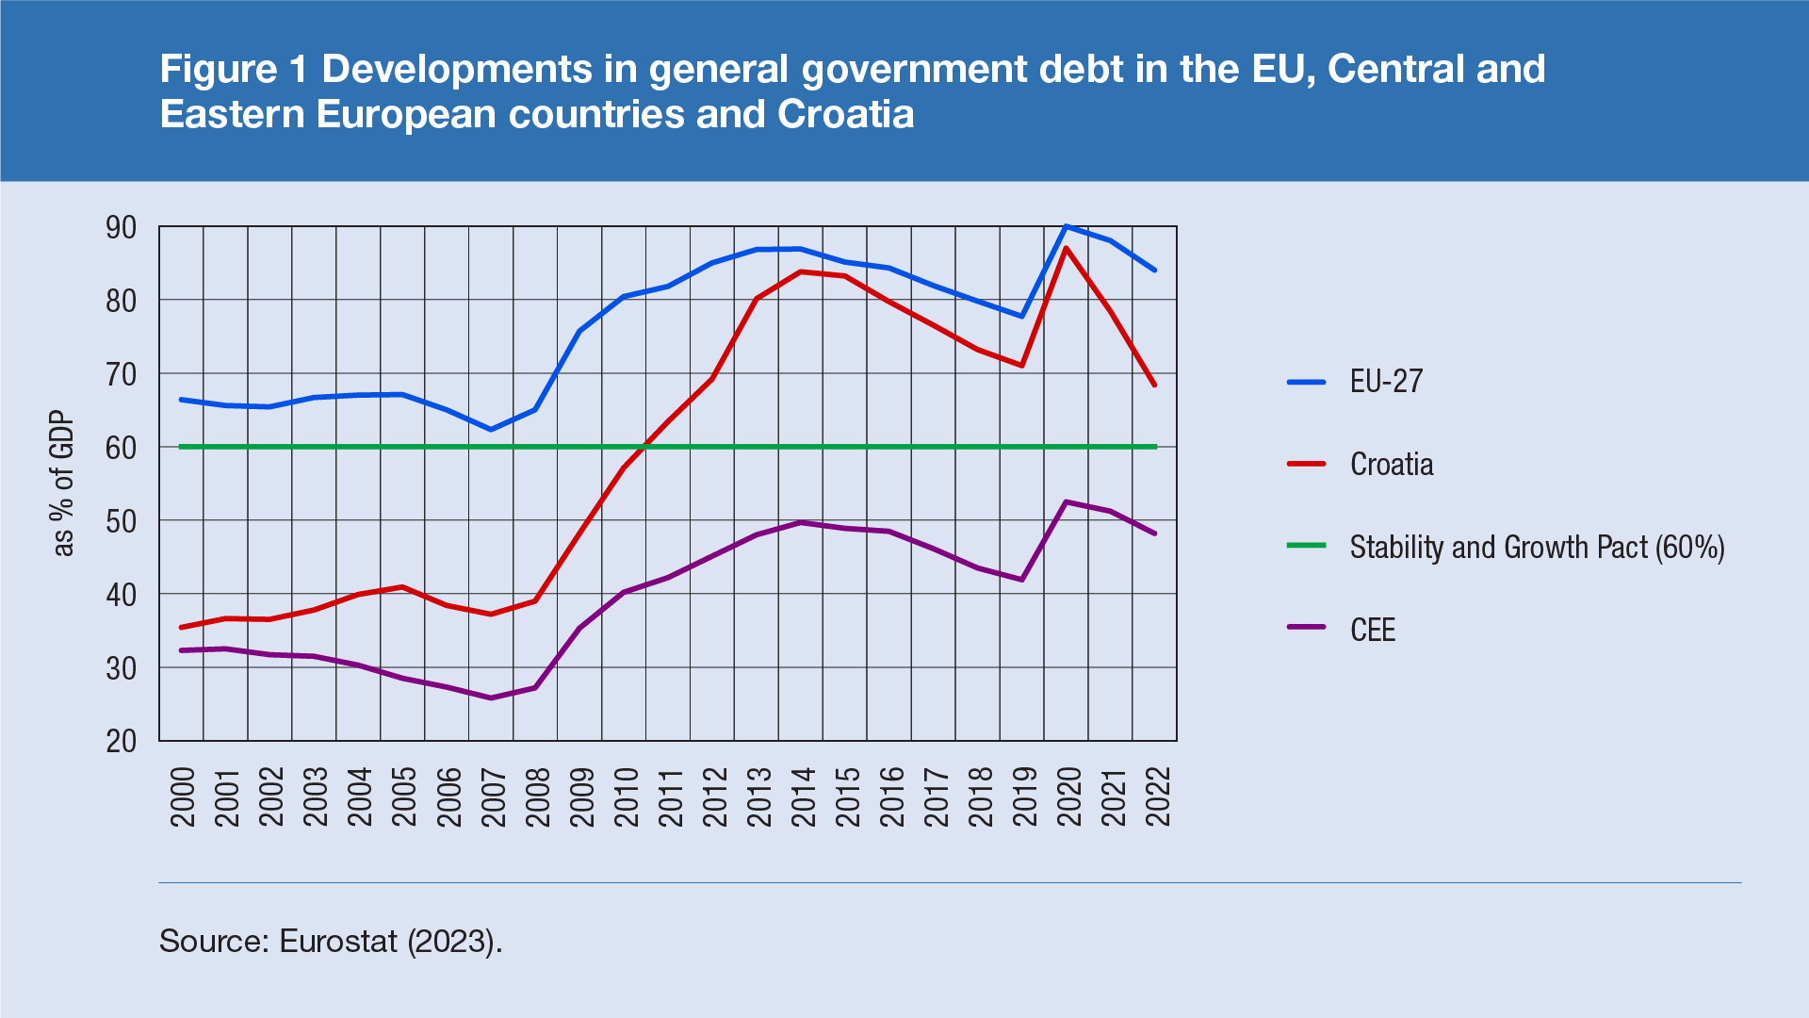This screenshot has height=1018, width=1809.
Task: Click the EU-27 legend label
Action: click(x=1386, y=382)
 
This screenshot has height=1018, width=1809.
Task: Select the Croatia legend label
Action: click(x=1392, y=465)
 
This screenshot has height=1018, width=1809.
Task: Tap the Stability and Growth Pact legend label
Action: click(x=1537, y=548)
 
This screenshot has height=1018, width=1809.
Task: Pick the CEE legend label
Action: click(x=1373, y=631)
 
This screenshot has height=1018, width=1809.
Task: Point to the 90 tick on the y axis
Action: click(x=122, y=227)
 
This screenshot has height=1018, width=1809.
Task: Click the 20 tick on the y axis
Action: click(x=122, y=742)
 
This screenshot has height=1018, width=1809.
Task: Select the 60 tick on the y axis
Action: click(x=122, y=448)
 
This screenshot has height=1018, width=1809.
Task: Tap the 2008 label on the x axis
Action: click(x=537, y=796)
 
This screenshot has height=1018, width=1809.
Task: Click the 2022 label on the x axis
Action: click(x=1157, y=796)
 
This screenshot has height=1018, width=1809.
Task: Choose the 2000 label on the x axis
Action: click(x=182, y=796)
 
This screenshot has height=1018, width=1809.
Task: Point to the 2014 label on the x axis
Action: click(x=803, y=796)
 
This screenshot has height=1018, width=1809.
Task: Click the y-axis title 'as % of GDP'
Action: click(x=63, y=484)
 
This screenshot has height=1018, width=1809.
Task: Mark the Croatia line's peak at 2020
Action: click(x=1066, y=249)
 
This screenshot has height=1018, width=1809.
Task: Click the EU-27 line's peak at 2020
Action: click(x=1066, y=226)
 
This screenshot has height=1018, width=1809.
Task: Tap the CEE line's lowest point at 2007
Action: click(x=491, y=698)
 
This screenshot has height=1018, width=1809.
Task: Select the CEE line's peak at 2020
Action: click(x=1066, y=501)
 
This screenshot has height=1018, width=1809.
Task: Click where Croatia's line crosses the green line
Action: click(x=644, y=447)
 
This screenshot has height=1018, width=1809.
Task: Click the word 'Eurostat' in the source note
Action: click(x=338, y=941)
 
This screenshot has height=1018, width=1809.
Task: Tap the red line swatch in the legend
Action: click(x=1307, y=465)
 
